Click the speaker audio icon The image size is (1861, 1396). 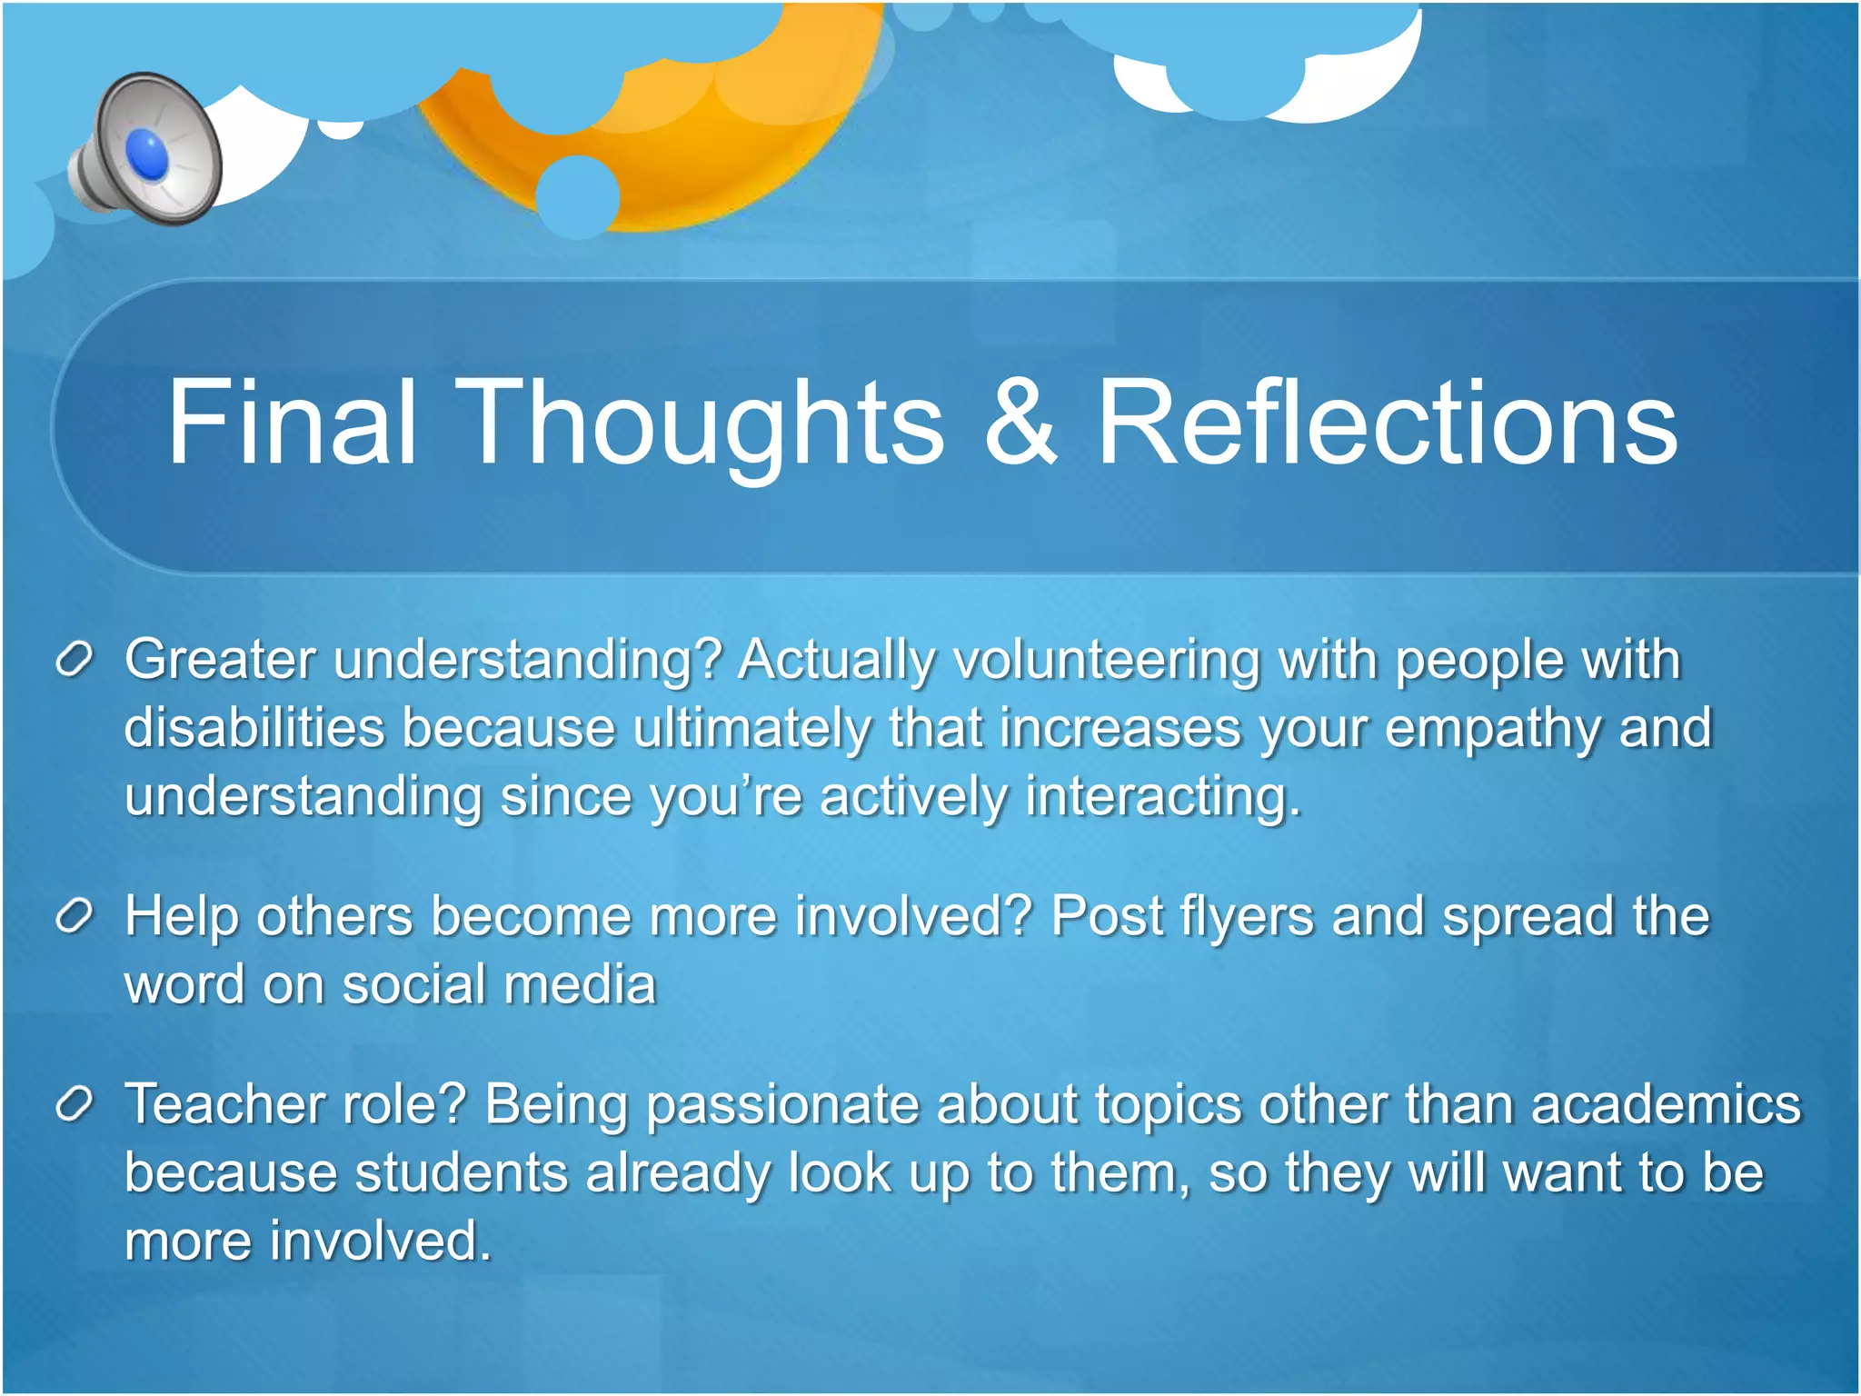145,150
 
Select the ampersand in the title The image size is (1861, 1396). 1020,423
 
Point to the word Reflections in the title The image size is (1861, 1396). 1387,423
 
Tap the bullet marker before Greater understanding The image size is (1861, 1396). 74,659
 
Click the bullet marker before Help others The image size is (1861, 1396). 74,916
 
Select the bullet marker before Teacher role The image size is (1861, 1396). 74,1104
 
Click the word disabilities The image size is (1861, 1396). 254,728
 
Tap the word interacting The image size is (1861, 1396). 1163,798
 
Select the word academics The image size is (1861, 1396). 1665,1105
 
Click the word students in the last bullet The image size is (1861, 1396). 460,1173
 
